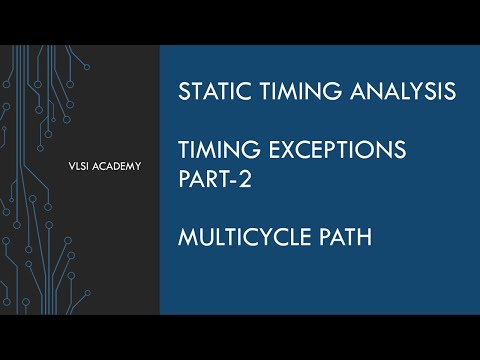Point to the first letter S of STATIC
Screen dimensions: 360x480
pyautogui.click(x=183, y=92)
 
